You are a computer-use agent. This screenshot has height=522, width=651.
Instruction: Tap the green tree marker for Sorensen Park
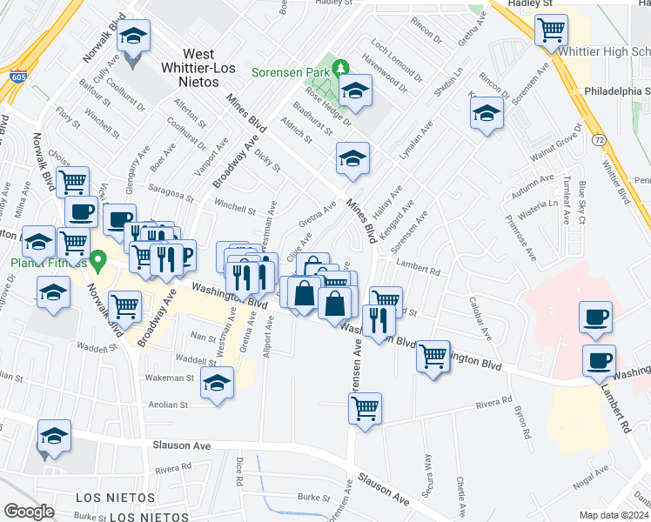click(342, 66)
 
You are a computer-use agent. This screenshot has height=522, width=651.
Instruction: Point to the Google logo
click(29, 511)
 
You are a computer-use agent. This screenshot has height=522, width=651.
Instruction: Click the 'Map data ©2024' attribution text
click(614, 515)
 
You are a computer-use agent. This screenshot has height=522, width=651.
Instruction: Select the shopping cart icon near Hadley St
click(551, 30)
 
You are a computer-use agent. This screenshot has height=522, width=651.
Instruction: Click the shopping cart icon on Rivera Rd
click(366, 408)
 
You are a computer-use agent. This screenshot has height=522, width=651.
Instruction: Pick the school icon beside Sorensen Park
click(355, 91)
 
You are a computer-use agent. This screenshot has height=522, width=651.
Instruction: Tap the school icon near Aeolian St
click(217, 384)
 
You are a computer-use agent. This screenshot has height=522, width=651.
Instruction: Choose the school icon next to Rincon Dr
click(487, 114)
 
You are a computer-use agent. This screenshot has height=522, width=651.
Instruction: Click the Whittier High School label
click(604, 52)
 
